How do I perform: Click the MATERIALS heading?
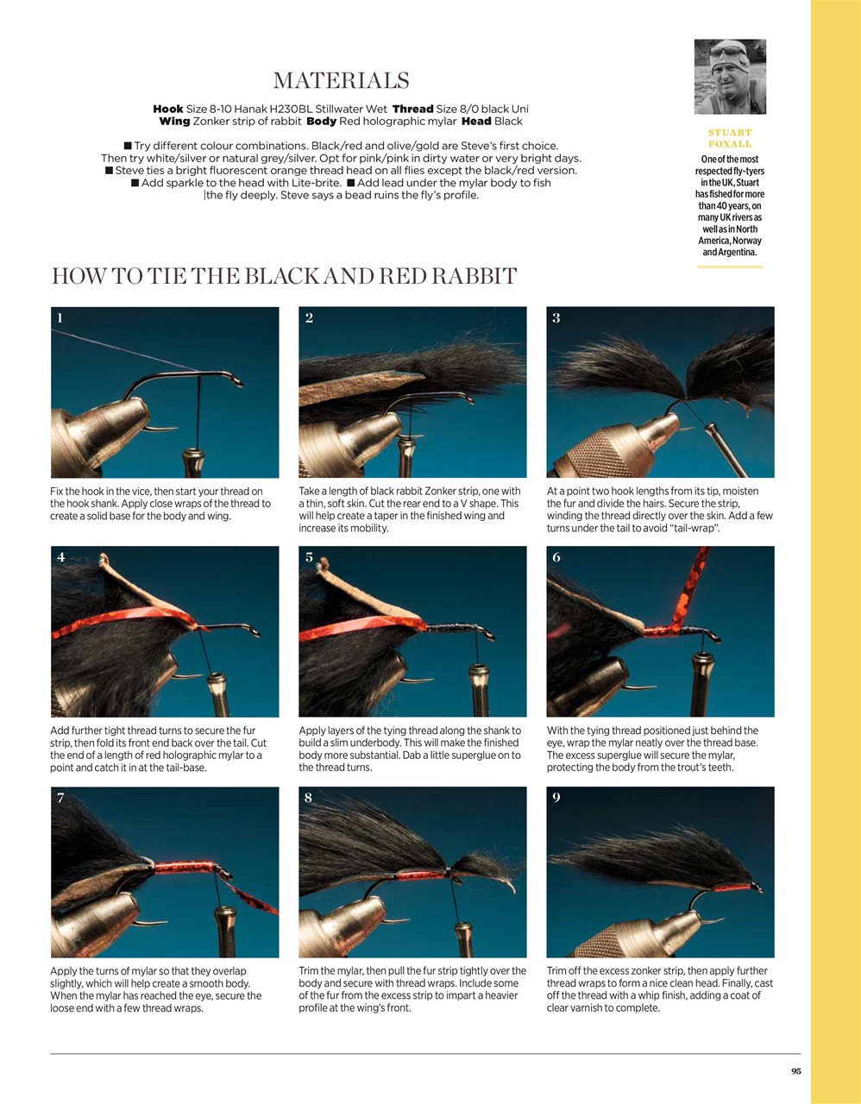pyautogui.click(x=341, y=81)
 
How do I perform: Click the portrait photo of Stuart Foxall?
pyautogui.click(x=730, y=77)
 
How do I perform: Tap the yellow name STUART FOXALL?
pyautogui.click(x=730, y=138)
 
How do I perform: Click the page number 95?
pyautogui.click(x=795, y=1071)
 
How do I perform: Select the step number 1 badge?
pyautogui.click(x=60, y=318)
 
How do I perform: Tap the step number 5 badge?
pyautogui.click(x=309, y=557)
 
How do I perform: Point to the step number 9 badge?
pyautogui.click(x=556, y=797)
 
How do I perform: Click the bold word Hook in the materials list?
pyautogui.click(x=168, y=109)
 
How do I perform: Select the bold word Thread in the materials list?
pyautogui.click(x=412, y=109)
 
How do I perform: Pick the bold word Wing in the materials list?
pyautogui.click(x=174, y=121)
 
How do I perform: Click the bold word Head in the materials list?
pyautogui.click(x=476, y=121)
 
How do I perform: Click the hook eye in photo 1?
pyautogui.click(x=237, y=381)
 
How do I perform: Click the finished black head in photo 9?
pyautogui.click(x=756, y=888)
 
